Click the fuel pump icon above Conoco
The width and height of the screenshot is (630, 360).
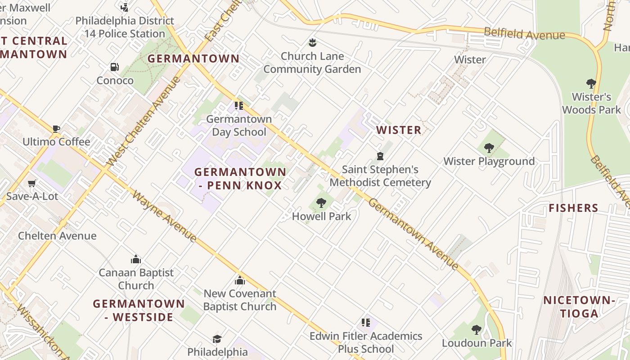(x=115, y=67)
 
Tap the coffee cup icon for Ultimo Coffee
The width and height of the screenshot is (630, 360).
(x=56, y=129)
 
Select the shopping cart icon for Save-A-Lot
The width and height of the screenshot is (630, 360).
(x=31, y=183)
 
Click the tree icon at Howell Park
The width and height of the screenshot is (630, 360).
(x=321, y=203)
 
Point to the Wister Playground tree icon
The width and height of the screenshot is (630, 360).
(x=489, y=148)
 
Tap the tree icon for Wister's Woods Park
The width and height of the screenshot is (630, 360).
(x=591, y=84)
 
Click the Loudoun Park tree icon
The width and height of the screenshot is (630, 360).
(x=477, y=330)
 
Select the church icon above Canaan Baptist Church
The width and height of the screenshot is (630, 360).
(x=136, y=259)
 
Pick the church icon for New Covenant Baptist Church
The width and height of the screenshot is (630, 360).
(x=240, y=280)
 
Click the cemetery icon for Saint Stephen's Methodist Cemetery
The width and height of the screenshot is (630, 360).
(x=380, y=156)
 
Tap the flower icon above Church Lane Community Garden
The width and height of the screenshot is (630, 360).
(x=312, y=43)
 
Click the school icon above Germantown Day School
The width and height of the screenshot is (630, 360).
(x=239, y=106)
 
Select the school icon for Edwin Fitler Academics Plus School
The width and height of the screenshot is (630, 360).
(x=366, y=323)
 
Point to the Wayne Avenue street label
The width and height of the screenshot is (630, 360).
(x=165, y=217)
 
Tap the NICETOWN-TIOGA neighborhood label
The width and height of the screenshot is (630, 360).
(x=579, y=307)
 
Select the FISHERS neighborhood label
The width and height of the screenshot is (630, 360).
(x=573, y=208)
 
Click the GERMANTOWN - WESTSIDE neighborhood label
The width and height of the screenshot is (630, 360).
(x=139, y=310)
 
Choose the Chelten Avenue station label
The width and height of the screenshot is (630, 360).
(x=57, y=236)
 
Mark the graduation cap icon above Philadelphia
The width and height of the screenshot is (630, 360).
(x=217, y=339)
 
